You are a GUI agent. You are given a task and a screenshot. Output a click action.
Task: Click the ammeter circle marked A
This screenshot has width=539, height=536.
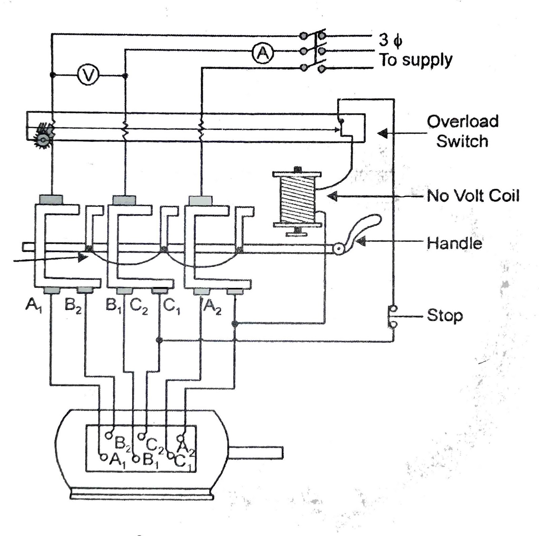[263, 53]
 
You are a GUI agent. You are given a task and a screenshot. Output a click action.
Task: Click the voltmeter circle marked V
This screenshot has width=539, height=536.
[88, 75]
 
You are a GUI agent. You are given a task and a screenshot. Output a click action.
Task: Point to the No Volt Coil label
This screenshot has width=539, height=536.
[473, 196]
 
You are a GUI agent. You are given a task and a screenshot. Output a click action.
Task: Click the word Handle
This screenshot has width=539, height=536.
[454, 243]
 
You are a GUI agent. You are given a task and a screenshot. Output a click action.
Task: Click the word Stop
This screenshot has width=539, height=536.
[445, 316]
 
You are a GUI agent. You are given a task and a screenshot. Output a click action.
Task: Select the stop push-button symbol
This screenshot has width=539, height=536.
[393, 316]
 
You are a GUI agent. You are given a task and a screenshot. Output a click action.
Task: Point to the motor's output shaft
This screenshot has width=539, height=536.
[256, 453]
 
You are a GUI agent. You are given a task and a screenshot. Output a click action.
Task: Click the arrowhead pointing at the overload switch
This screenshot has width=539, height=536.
[382, 133]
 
